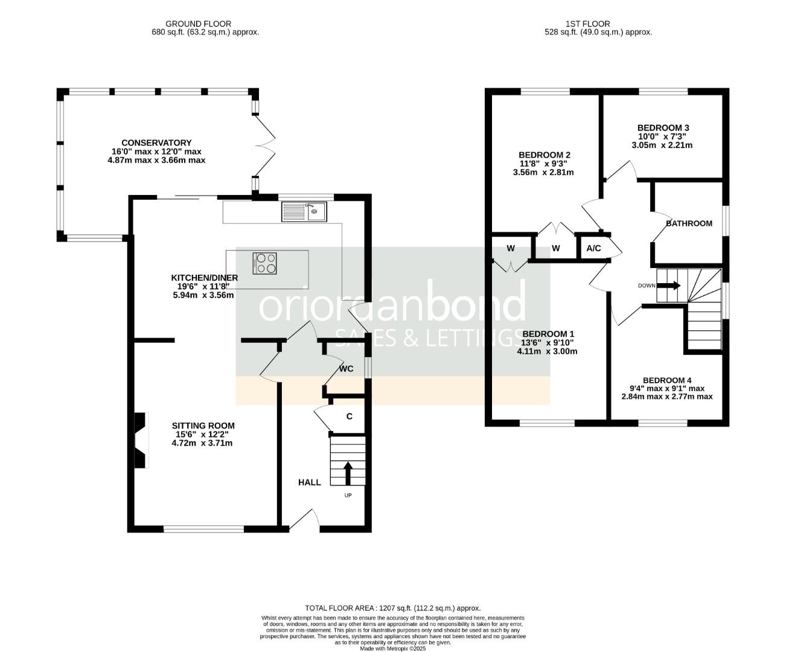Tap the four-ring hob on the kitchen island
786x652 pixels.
[266, 263]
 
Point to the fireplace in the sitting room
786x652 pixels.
[140, 440]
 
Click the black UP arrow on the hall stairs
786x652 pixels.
[348, 473]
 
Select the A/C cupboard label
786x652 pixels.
[593, 248]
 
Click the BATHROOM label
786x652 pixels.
[689, 223]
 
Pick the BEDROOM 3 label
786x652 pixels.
[663, 128]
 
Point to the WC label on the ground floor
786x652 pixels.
[346, 369]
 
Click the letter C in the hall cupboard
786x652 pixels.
[349, 416]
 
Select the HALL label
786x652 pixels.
[309, 482]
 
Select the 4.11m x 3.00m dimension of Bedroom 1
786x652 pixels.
[547, 351]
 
